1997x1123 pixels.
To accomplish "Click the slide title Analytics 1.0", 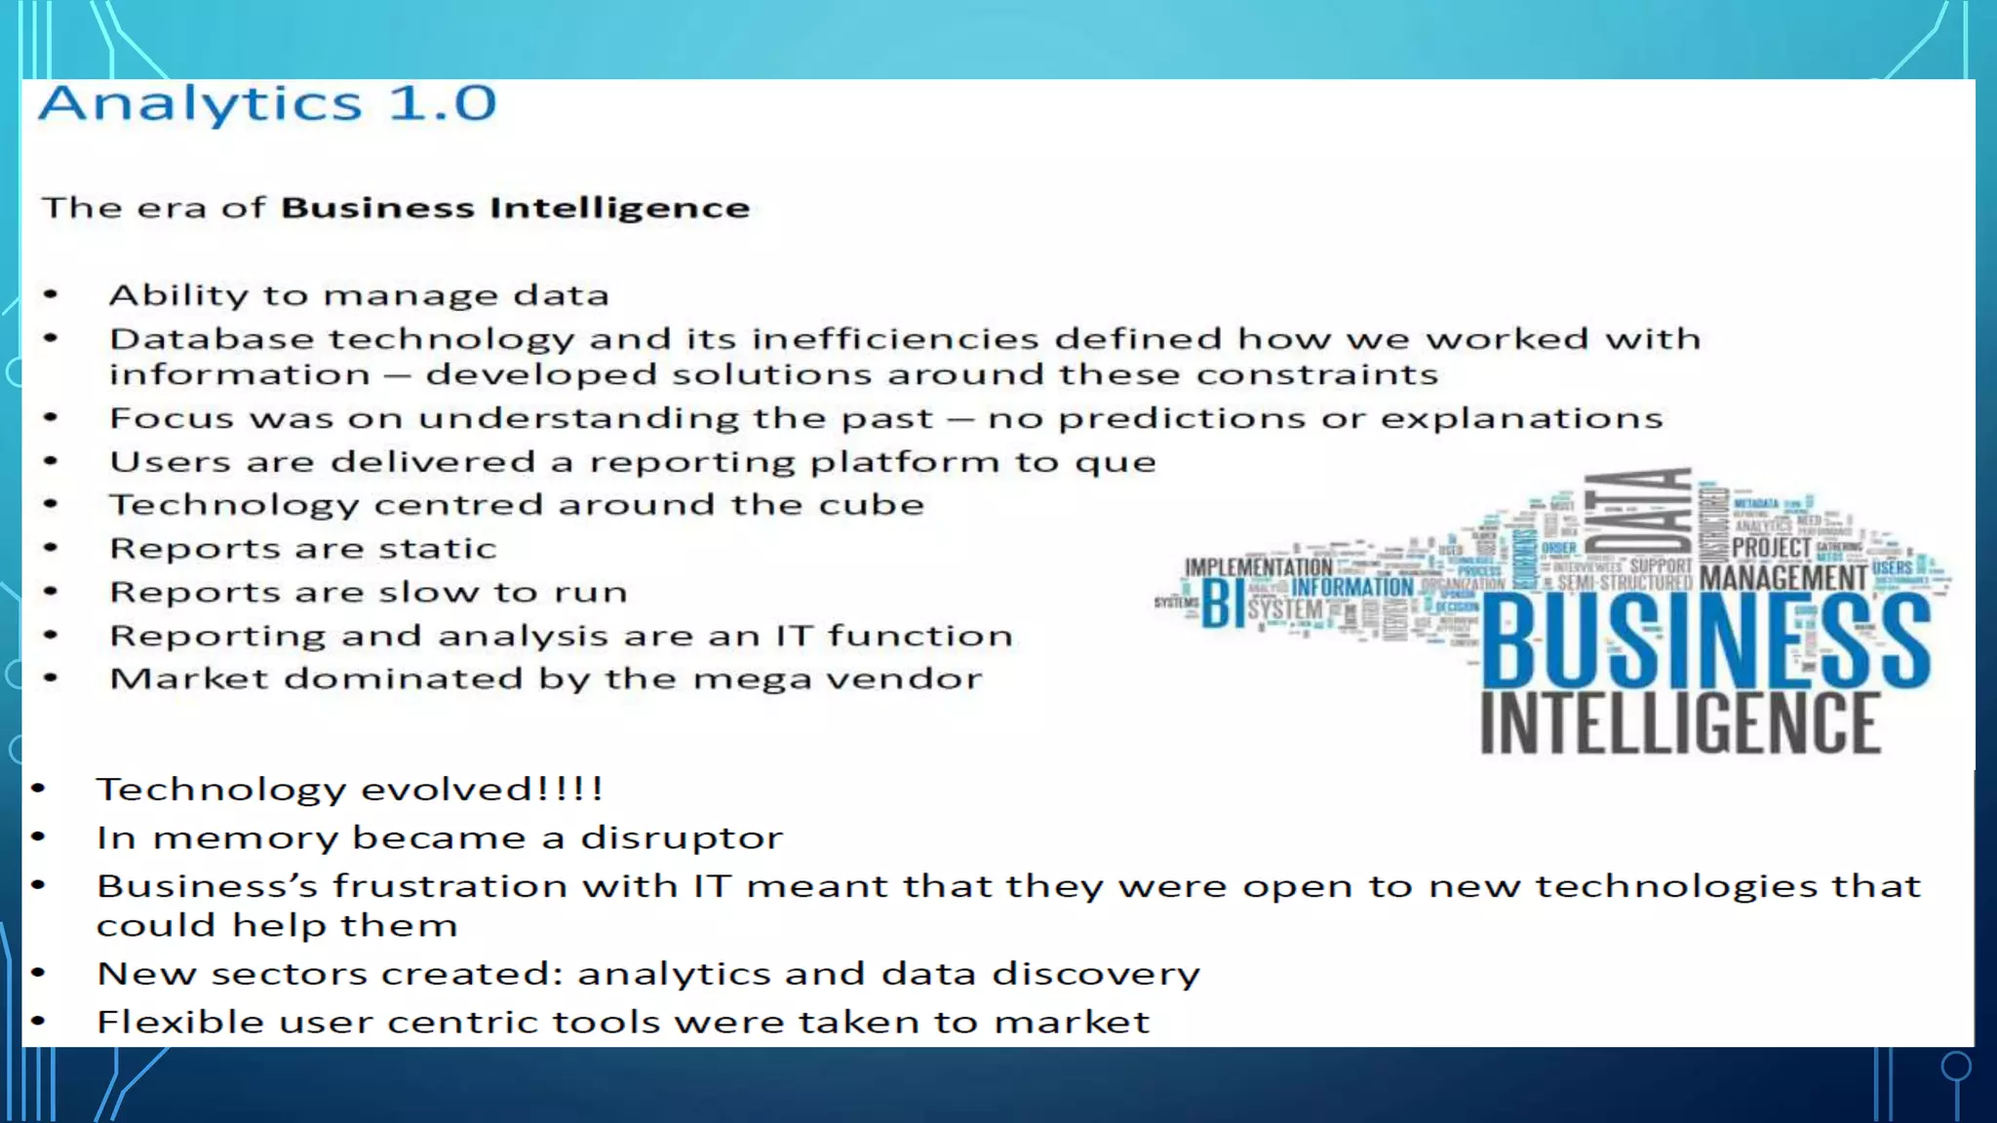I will point(267,103).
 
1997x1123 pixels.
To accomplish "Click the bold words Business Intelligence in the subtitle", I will point(515,208).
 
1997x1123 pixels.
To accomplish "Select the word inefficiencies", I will point(894,339).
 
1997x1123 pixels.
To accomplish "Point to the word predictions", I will point(1181,418).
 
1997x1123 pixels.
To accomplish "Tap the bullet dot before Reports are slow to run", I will point(52,591).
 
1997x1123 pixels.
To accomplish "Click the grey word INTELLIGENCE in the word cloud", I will point(1679,723).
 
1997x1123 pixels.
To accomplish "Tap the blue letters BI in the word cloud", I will point(1222,603).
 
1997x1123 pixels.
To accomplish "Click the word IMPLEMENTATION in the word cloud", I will point(1258,566).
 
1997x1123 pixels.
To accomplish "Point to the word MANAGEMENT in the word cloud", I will point(1782,578).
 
